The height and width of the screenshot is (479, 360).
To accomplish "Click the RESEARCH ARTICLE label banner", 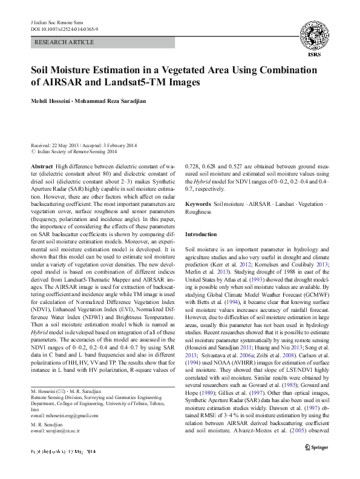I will tap(65, 42).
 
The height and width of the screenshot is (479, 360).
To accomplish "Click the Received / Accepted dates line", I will tap(84, 145).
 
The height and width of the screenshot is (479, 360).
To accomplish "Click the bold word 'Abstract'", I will tap(41, 165).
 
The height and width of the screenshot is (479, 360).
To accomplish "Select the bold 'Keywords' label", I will tap(198, 204).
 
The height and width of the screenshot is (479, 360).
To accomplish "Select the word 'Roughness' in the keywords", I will tap(198, 212).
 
